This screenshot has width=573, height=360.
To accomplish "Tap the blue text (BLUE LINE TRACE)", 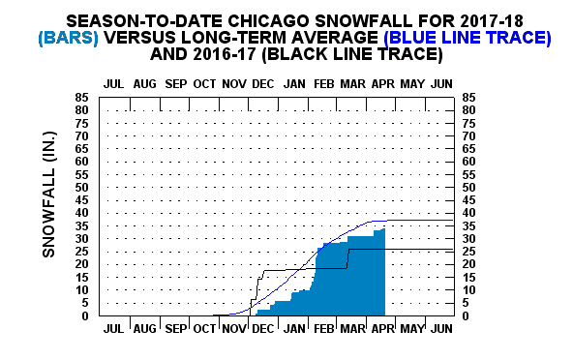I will coord(467,38).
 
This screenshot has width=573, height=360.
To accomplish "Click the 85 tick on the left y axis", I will coord(84,97).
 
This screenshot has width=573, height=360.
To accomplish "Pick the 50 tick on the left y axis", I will coord(84,187).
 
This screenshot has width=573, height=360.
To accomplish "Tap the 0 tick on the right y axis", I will coord(468,315).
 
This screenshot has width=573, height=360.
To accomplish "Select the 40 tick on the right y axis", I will coord(471,213).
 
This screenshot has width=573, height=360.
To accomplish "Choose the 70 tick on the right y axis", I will coord(471,135).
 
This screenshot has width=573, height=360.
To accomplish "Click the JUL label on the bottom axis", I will coord(113,330).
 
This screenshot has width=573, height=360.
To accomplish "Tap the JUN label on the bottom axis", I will coord(440,330).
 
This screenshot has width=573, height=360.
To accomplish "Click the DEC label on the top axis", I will coord(262,83).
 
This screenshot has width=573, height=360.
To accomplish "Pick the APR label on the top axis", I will coord(381,83).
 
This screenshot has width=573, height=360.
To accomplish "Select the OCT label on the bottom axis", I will coord(203,330).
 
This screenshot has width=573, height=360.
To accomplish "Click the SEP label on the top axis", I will coord(174,83).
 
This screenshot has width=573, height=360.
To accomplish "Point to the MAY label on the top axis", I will coord(411,83).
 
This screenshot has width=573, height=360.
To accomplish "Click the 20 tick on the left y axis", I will coord(84,264).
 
